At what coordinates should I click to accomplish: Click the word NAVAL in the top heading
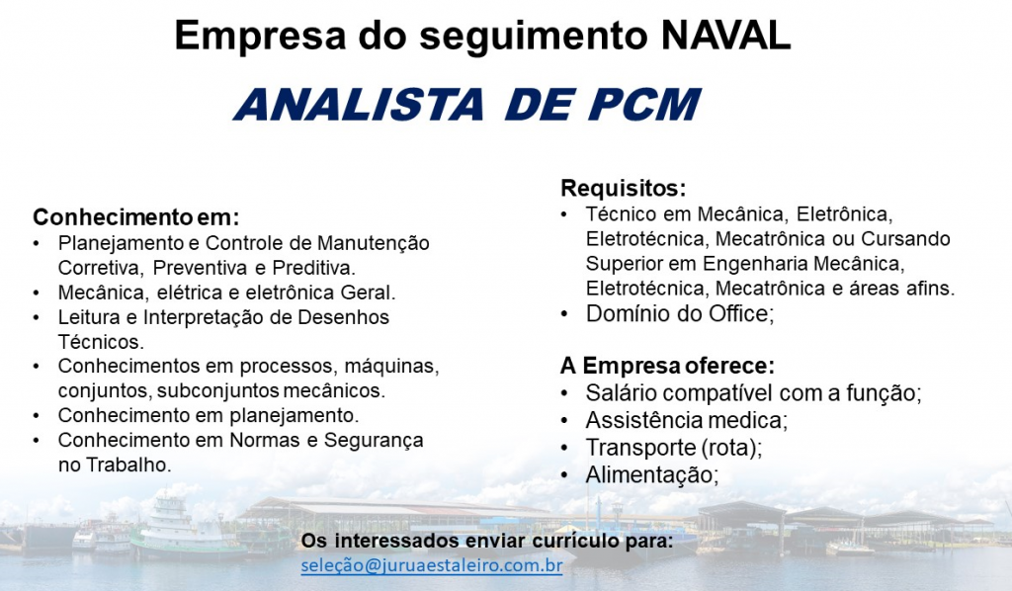click(726, 36)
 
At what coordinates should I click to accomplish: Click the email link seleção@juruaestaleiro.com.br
click(432, 566)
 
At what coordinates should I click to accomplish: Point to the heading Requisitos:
click(623, 189)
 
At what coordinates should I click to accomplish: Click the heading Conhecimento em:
click(136, 217)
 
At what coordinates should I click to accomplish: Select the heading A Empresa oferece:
click(667, 366)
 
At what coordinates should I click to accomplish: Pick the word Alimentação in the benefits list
click(652, 475)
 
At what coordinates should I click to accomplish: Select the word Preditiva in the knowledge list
click(313, 268)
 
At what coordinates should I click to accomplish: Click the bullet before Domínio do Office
click(564, 315)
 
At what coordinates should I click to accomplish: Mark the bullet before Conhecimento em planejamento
click(37, 416)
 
